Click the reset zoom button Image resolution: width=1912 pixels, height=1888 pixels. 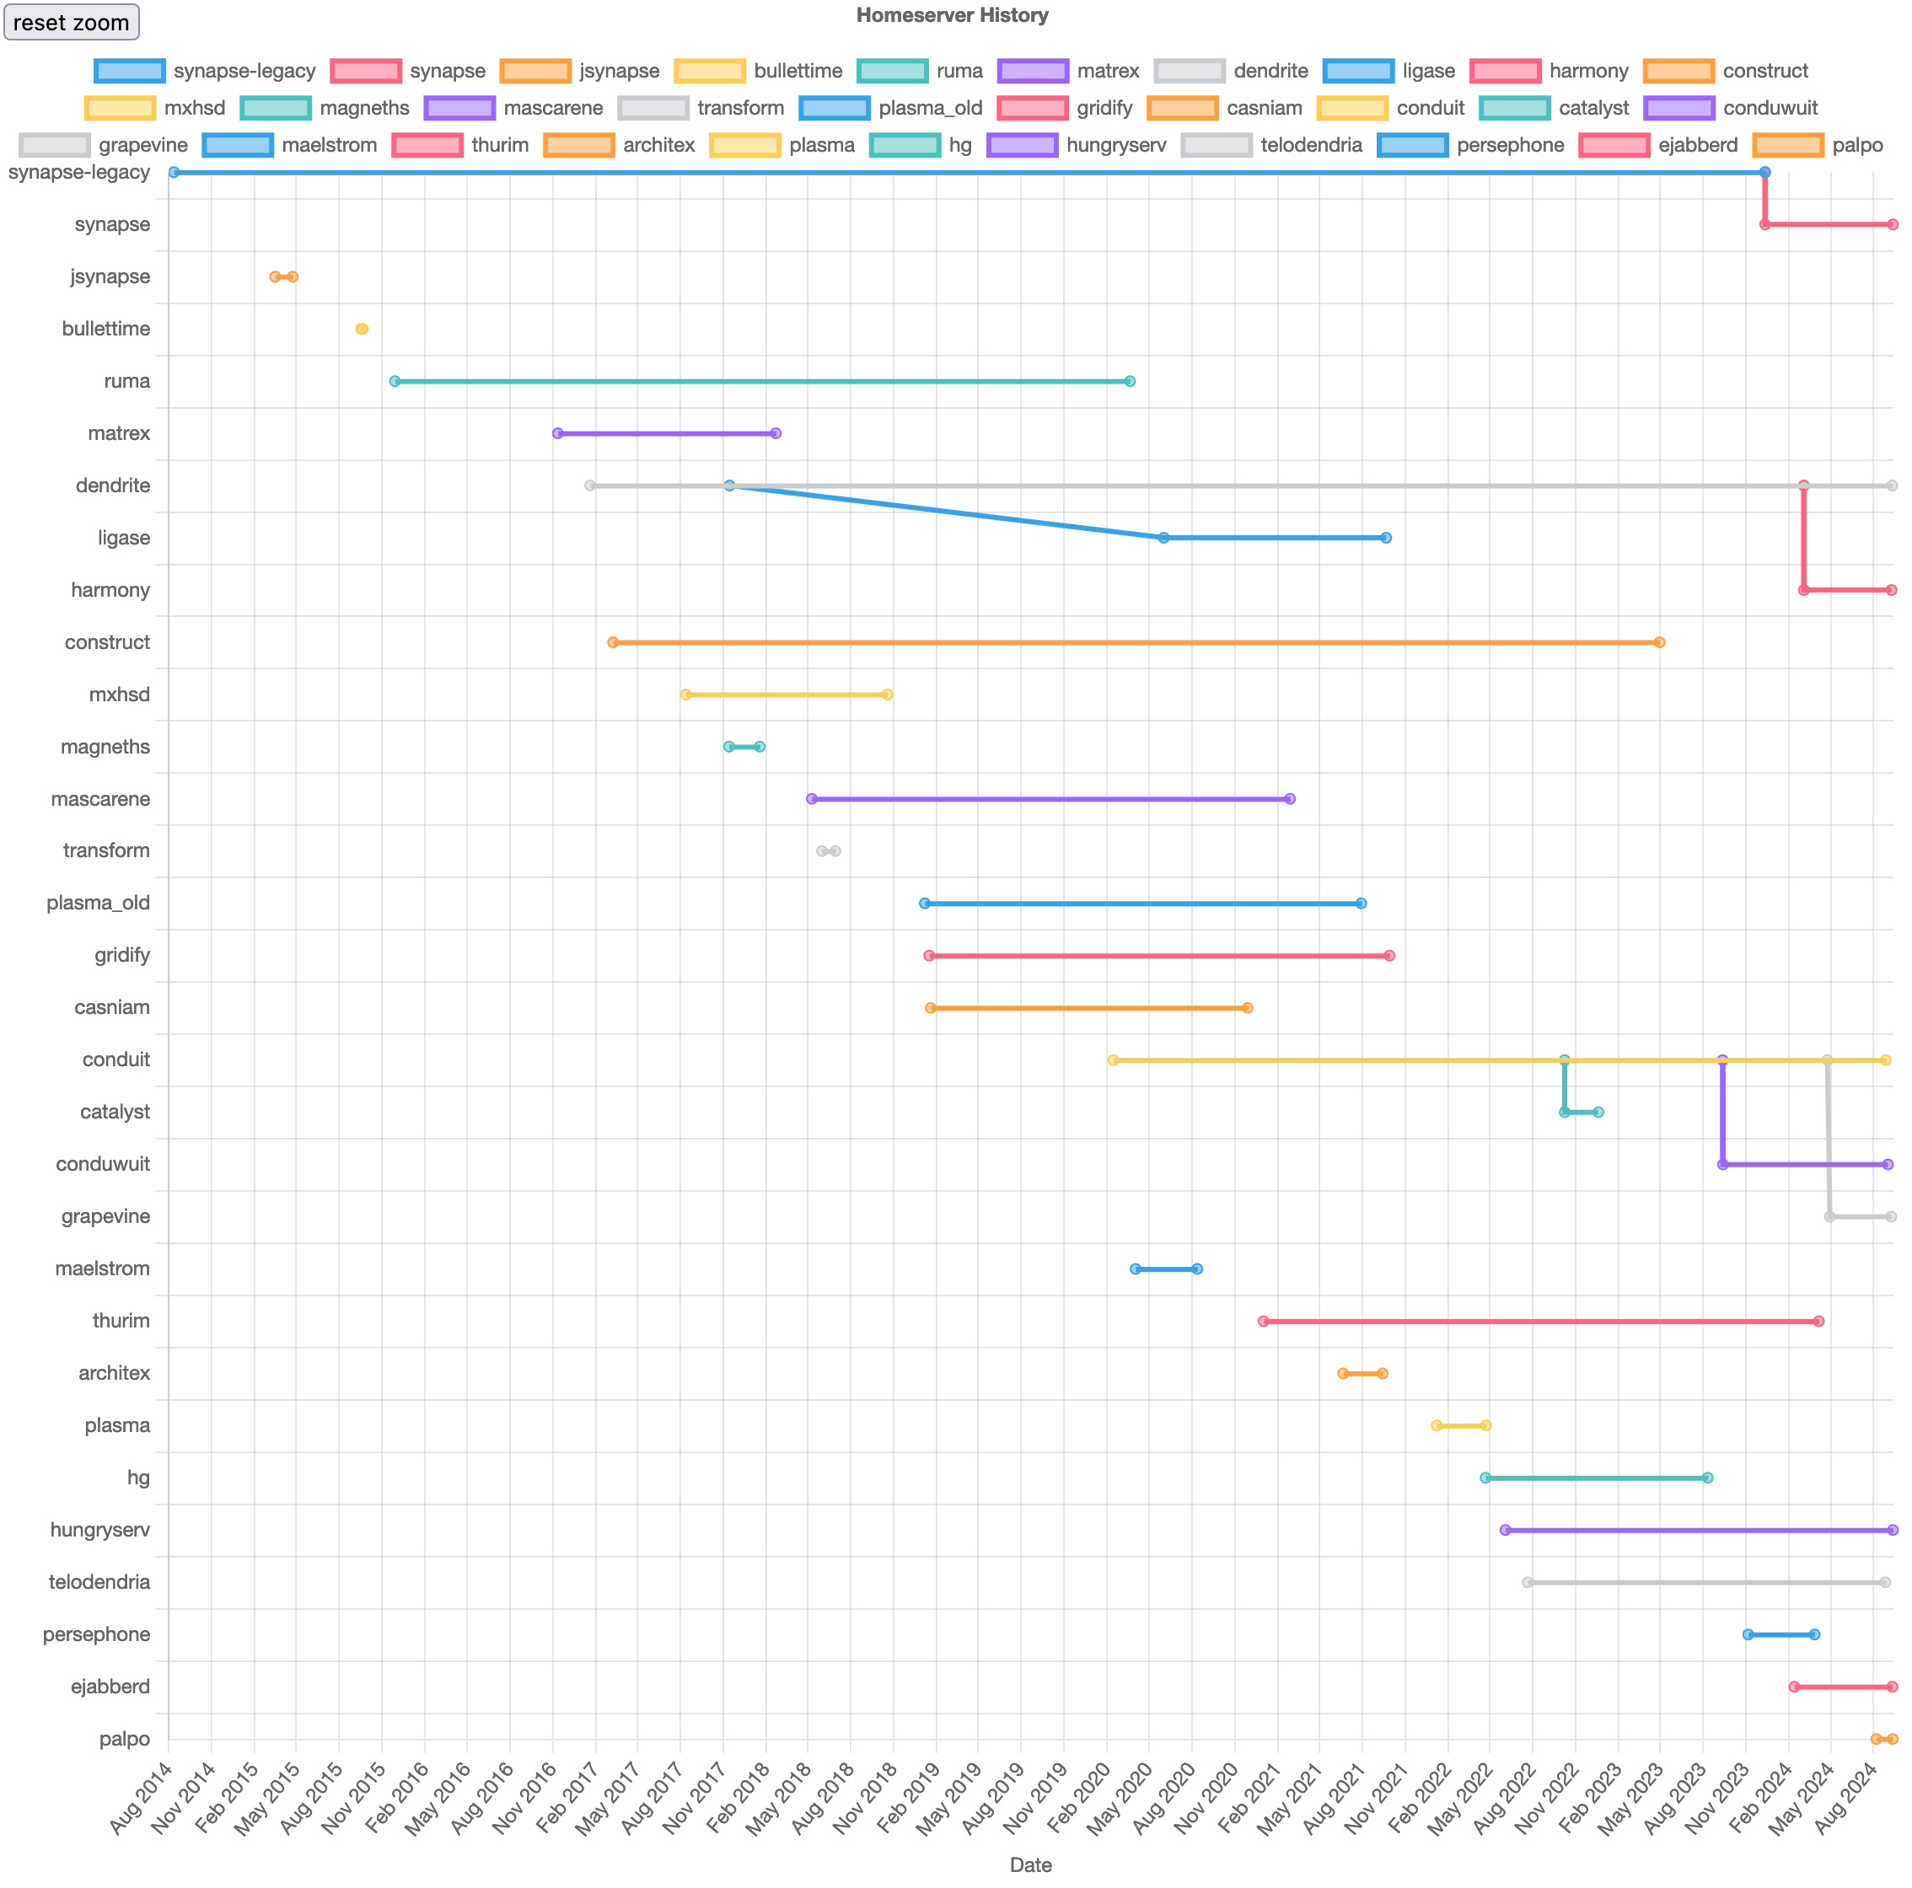point(72,22)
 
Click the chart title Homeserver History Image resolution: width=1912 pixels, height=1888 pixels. point(952,15)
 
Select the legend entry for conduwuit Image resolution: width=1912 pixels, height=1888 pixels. point(1731,108)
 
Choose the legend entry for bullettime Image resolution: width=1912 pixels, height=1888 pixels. point(758,72)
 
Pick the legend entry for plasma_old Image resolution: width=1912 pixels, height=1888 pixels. point(891,108)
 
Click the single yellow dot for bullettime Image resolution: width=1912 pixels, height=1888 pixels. point(361,329)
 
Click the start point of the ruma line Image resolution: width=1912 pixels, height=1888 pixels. point(395,381)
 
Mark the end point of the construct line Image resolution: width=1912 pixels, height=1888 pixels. point(1660,642)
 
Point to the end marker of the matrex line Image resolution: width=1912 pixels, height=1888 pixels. point(775,433)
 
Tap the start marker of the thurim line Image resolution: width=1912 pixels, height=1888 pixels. point(1263,1321)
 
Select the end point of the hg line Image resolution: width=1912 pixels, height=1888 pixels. point(1707,1478)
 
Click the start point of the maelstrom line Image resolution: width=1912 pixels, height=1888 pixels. point(1135,1268)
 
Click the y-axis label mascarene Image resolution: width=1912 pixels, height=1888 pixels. point(101,798)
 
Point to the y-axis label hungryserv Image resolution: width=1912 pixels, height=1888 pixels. point(100,1530)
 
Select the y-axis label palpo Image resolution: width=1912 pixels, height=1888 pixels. point(125,1739)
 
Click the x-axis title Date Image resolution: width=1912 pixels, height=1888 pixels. point(1030,1864)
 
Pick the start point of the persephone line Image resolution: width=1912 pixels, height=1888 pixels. point(1748,1634)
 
